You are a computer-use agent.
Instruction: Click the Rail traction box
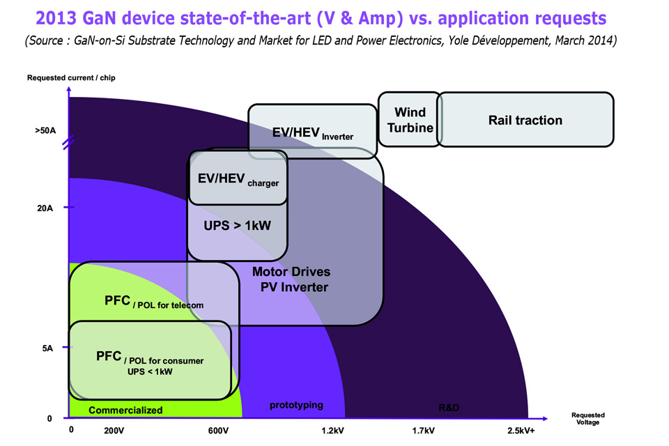525,120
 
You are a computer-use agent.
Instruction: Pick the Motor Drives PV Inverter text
291,279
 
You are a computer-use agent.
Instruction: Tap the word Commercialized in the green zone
125,410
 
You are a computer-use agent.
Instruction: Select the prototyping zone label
297,405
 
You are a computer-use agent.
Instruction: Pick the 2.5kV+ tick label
522,431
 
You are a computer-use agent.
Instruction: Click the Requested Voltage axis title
585,418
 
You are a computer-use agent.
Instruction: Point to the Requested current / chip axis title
71,77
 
